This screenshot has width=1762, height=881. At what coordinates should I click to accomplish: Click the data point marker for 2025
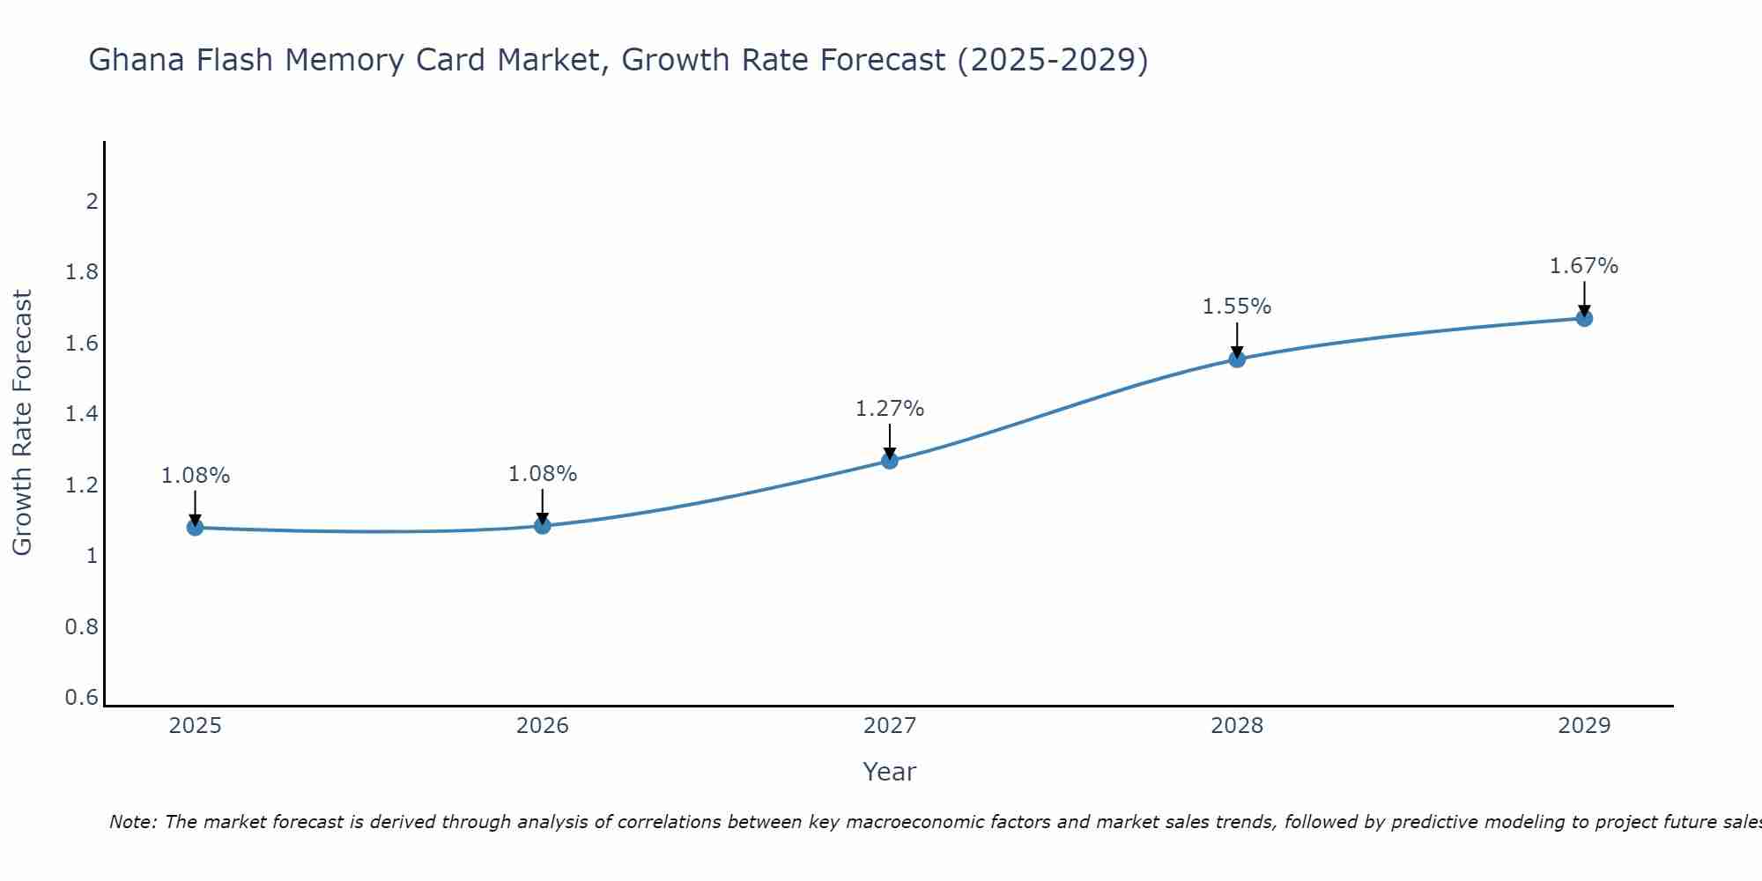pyautogui.click(x=195, y=528)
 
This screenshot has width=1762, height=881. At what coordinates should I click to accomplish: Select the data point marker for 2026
pyautogui.click(x=543, y=526)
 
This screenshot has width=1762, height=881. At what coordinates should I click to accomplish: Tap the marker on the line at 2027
pyautogui.click(x=890, y=460)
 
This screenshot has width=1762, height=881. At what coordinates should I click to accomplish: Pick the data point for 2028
pyautogui.click(x=1237, y=359)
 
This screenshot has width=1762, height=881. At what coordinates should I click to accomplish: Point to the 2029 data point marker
pyautogui.click(x=1584, y=318)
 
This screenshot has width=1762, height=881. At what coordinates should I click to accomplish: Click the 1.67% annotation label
pyautogui.click(x=1584, y=266)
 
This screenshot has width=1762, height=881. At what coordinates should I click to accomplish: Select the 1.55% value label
pyautogui.click(x=1237, y=307)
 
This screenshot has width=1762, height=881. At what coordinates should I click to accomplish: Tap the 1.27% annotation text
pyautogui.click(x=890, y=409)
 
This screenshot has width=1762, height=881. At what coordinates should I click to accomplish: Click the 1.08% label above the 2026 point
pyautogui.click(x=543, y=474)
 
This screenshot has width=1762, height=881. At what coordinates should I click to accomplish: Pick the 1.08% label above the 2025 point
pyautogui.click(x=196, y=476)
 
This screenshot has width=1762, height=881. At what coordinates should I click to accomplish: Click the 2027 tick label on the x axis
pyautogui.click(x=890, y=726)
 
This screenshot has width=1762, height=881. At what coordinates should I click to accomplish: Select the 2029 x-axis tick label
pyautogui.click(x=1584, y=726)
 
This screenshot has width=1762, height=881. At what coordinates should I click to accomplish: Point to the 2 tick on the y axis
pyautogui.click(x=91, y=202)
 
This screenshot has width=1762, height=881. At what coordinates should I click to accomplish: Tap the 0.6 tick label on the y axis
pyautogui.click(x=82, y=698)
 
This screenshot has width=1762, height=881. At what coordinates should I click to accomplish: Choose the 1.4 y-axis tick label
pyautogui.click(x=82, y=414)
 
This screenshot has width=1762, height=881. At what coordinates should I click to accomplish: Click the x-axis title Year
pyautogui.click(x=890, y=772)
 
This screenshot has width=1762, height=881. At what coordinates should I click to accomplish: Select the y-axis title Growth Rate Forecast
pyautogui.click(x=22, y=423)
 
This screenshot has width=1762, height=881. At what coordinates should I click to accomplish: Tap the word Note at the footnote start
pyautogui.click(x=132, y=822)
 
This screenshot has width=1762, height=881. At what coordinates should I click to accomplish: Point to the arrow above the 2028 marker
pyautogui.click(x=1237, y=339)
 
